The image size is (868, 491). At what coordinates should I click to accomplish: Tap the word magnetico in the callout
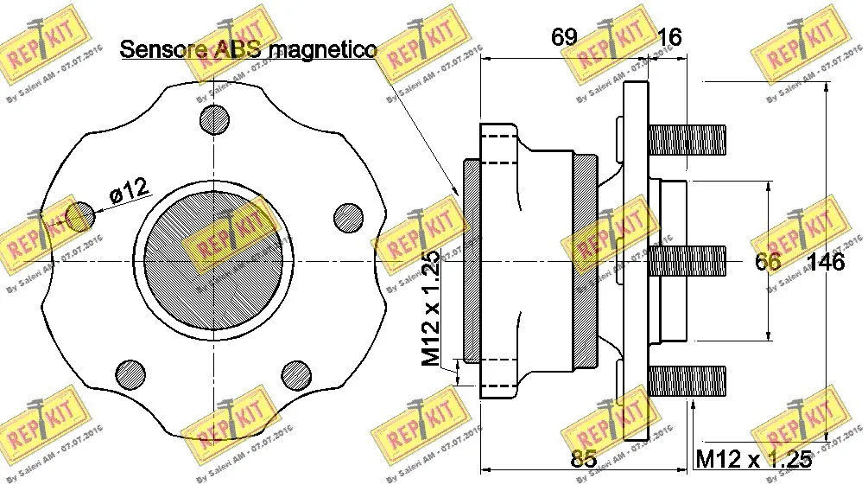coord(321,50)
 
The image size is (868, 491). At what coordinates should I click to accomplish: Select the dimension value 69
coord(564,37)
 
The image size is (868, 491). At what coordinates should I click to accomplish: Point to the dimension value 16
coord(669,37)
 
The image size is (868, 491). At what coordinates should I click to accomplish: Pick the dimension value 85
coord(584,459)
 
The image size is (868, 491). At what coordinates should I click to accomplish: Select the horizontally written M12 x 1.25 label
coord(754,459)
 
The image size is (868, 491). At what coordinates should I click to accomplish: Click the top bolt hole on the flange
coord(214,120)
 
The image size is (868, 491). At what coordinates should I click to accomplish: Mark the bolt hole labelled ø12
coord(79,216)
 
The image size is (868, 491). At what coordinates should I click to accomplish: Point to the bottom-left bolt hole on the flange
coord(131,374)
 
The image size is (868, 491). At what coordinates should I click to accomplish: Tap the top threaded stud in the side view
coord(687,139)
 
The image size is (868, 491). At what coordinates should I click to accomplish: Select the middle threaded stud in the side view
coord(687,260)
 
